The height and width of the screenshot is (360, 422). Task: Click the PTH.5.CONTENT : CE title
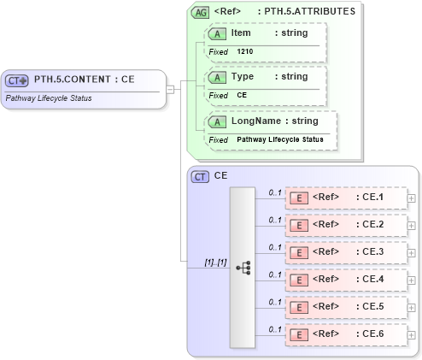point(83,80)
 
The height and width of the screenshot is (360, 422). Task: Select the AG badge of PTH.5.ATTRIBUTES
point(200,13)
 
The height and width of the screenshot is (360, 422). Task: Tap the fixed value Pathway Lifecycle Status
point(279,139)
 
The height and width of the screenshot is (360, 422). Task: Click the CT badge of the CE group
point(200,176)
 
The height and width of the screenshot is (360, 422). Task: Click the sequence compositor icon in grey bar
point(242,267)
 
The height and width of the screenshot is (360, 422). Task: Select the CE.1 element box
point(345,198)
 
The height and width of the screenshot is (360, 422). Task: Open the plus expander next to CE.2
point(413,226)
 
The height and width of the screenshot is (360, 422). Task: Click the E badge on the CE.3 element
point(300,252)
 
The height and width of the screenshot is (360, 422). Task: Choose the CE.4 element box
point(345,280)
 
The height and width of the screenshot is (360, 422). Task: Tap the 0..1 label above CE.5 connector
point(275,302)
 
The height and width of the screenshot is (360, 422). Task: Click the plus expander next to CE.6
point(413,335)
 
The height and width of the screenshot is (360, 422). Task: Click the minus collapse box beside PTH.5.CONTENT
point(171,87)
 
